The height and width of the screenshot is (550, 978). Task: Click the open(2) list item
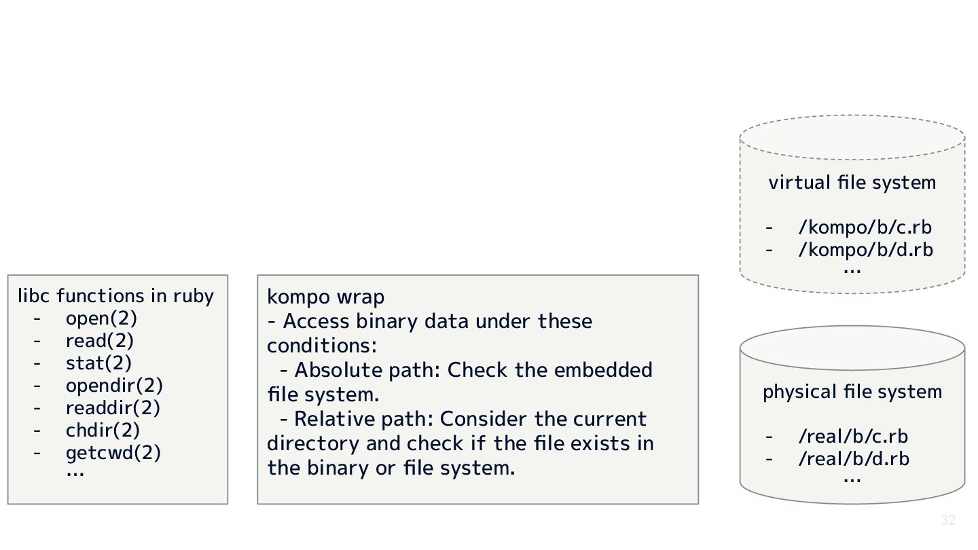101,318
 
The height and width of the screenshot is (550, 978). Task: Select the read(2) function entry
100,341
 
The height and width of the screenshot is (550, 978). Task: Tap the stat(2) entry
98,363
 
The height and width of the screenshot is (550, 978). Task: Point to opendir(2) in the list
114,386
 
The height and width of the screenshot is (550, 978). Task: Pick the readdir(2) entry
113,408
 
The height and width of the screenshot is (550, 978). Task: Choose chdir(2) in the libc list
103,430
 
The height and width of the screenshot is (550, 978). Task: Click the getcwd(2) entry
113,453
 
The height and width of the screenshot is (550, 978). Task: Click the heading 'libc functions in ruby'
115,296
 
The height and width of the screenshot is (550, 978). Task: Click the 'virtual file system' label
852,183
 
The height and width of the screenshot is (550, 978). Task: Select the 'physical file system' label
852,392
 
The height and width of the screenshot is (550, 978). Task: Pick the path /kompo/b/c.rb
865,227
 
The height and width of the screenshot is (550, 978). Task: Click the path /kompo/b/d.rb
865,250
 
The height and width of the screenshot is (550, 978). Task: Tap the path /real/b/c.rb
853,437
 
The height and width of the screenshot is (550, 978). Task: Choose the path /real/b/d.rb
853,459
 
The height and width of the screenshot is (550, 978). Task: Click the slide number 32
948,521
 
